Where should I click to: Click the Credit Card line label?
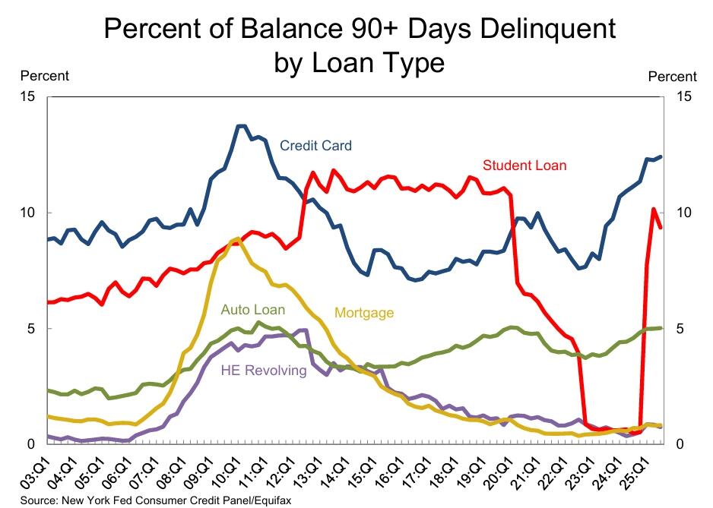click(315, 146)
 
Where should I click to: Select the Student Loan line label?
click(524, 165)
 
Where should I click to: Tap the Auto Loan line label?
click(252, 310)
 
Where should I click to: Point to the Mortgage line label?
click(364, 312)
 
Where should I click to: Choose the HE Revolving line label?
click(264, 371)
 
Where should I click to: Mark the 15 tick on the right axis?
click(683, 97)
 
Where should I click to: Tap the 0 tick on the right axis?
click(679, 444)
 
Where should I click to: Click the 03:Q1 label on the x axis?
click(34, 472)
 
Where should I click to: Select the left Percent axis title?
click(44, 76)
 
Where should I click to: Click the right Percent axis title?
click(672, 77)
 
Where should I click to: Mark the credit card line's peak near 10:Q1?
click(242, 125)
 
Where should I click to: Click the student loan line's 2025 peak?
click(654, 208)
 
